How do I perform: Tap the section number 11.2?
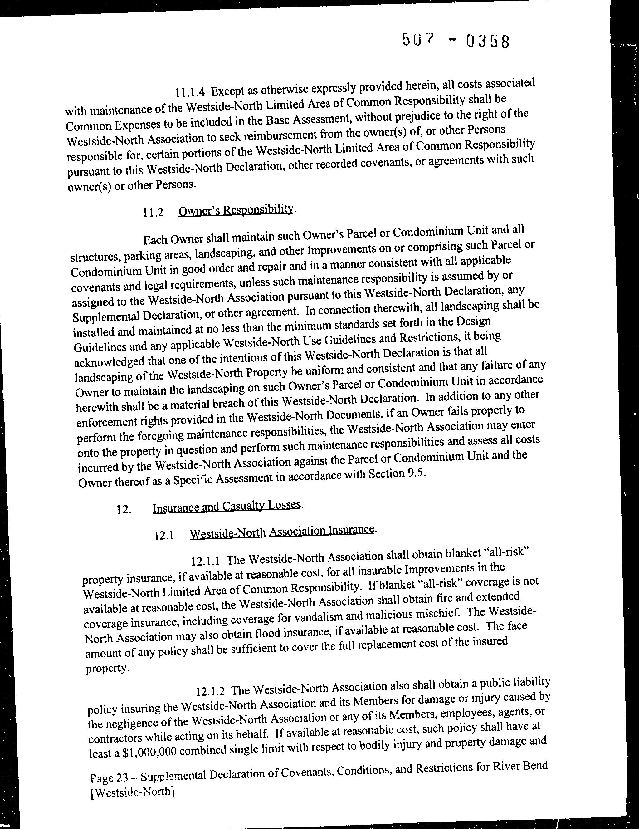[x=153, y=213]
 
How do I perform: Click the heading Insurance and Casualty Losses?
[x=227, y=506]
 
